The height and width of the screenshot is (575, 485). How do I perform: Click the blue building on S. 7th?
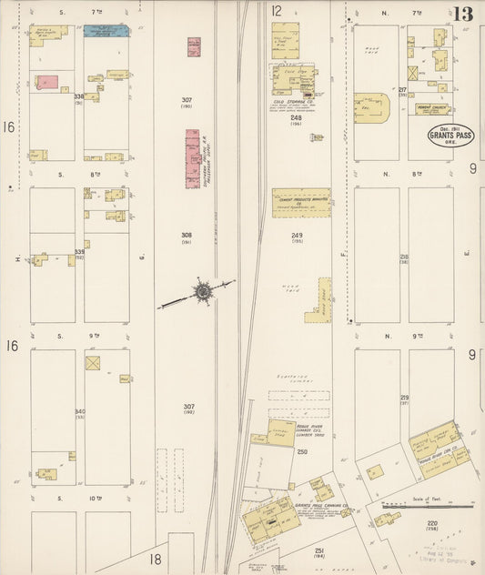point(106,31)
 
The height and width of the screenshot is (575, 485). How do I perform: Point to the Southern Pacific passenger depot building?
point(193,158)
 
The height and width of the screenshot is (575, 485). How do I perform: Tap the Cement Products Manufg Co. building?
point(300,203)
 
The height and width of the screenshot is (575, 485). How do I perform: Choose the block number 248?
point(296,117)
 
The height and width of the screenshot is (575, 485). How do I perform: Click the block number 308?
point(187,235)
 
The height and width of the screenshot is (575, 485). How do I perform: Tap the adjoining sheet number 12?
point(276,11)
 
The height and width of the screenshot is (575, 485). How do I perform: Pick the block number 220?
point(431,524)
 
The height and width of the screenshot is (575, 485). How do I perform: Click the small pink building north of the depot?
point(194,46)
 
